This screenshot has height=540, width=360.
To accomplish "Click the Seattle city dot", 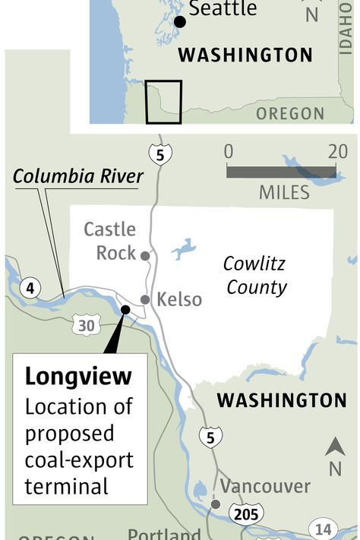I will pos(179,21).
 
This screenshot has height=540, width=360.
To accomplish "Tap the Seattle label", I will pos(223,10).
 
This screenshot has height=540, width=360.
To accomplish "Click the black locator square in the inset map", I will pos(164,101).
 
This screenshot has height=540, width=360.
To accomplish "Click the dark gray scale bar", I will pos(281,172).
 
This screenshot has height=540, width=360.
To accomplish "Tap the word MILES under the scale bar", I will pos(284,192).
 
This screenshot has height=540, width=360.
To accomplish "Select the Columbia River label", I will pos(78,177).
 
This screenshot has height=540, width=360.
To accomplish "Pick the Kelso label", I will pos(179,299).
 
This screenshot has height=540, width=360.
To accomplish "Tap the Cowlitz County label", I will pos(255,275).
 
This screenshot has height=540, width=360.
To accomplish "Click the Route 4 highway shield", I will pos(31,288).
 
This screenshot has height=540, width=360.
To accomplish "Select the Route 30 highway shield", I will pos(86,325).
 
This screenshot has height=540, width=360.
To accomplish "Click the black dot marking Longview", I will pos(125,308).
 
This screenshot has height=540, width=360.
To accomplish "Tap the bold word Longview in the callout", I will pos(78,376).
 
